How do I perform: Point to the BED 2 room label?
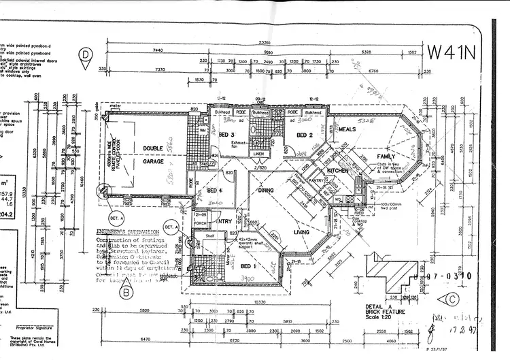pyautogui.click(x=304, y=135)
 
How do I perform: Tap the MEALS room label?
pyautogui.click(x=347, y=129)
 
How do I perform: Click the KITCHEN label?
pyautogui.click(x=337, y=169)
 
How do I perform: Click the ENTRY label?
pyautogui.click(x=224, y=221)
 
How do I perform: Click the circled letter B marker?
pyautogui.click(x=126, y=294)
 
